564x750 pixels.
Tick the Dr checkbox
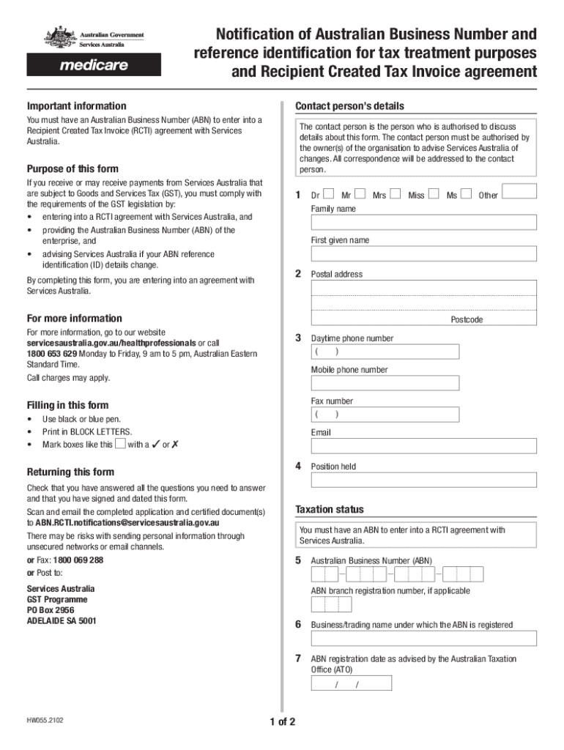pos(328,194)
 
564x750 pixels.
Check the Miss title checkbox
pos(434,194)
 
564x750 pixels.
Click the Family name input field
pos(423,223)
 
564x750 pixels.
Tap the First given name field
pos(423,253)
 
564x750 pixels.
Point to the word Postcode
pos(467,320)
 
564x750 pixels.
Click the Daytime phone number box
pos(385,352)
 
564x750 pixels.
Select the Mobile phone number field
pos(385,383)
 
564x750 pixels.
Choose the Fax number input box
pos(385,415)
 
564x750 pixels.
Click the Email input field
pos(423,446)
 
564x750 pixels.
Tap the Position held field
pos(423,480)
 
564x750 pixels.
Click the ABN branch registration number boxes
pos(331,604)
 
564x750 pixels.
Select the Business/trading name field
pos(423,638)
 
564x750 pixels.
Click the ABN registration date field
pos(351,683)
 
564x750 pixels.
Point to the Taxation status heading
pos(329,509)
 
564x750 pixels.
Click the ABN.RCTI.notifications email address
pos(128,523)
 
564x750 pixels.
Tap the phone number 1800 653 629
pos(52,354)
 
